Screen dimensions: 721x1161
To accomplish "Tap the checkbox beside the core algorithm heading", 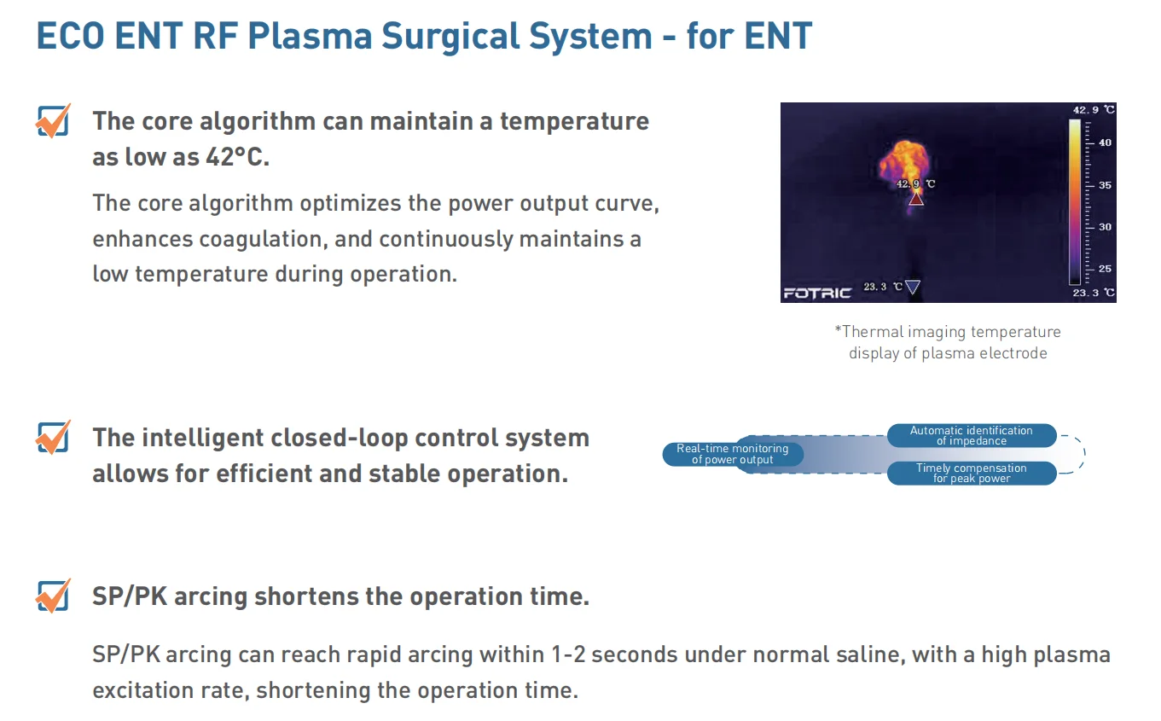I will tap(53, 121).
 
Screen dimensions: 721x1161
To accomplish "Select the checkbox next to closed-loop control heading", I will tap(53, 438).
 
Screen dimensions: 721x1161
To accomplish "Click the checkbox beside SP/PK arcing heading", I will tap(53, 596).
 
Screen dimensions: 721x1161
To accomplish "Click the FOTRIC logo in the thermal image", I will tap(816, 293).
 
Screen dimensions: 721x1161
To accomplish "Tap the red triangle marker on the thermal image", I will tap(915, 199).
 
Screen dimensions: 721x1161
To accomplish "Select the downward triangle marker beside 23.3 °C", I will tap(912, 288).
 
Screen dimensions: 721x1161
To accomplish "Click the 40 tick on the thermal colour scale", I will tap(1105, 142).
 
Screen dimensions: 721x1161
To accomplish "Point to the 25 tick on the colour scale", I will tap(1105, 269).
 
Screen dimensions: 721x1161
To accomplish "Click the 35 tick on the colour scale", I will tap(1105, 185).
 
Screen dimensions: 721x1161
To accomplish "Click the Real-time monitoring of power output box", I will tap(733, 454).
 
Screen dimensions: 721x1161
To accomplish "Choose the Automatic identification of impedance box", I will tap(971, 435).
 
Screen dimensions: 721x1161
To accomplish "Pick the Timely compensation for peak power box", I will tap(971, 473).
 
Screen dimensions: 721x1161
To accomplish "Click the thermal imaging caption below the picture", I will tap(947, 342).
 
